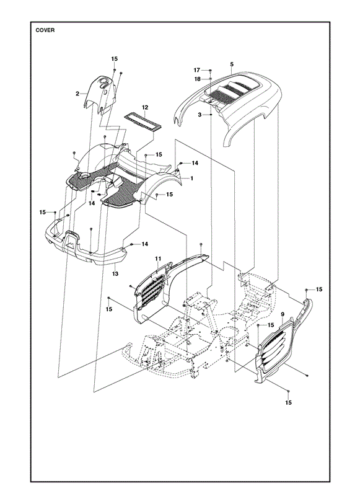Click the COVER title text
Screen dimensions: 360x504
(45, 30)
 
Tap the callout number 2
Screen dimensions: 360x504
(77, 94)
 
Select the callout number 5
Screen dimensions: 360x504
(232, 64)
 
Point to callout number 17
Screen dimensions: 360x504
(197, 70)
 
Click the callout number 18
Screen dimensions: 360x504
(198, 79)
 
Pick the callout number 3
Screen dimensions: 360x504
(200, 115)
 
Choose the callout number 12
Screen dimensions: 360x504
(145, 107)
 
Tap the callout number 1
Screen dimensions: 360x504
(191, 178)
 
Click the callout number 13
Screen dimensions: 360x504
(115, 273)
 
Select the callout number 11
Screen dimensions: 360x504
(157, 259)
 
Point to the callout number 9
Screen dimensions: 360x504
(283, 314)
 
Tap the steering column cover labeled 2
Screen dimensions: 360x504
(100, 94)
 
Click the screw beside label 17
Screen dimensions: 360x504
(210, 71)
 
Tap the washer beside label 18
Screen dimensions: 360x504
(210, 79)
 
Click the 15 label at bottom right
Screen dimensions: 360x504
(288, 402)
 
